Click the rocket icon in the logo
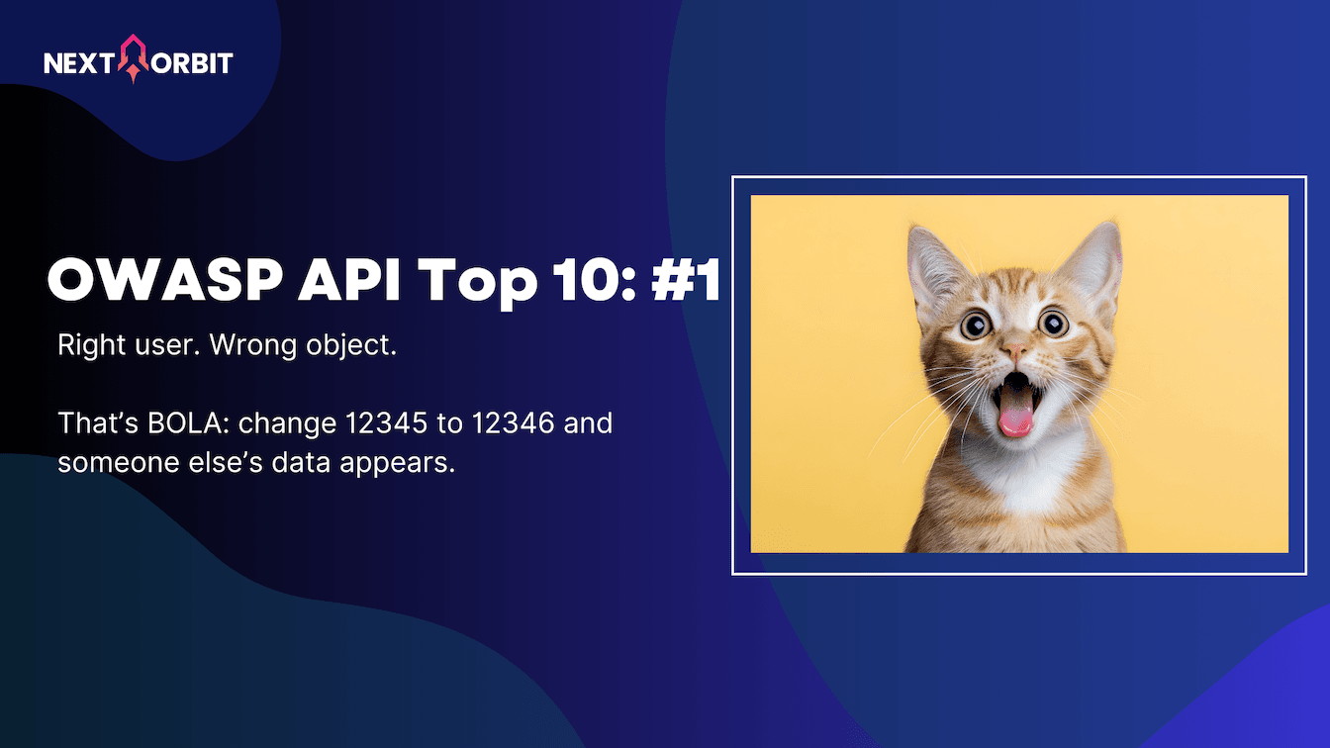click(134, 58)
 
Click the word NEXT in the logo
click(79, 63)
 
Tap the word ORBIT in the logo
click(192, 63)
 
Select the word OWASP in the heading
click(164, 280)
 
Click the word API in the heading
click(349, 280)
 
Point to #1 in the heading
click(687, 280)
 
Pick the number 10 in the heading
click(587, 280)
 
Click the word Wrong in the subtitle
click(253, 346)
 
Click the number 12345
click(386, 423)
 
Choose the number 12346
click(513, 423)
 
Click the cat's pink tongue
click(1016, 420)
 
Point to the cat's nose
click(1014, 350)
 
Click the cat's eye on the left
click(975, 325)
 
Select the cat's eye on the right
click(1053, 323)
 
